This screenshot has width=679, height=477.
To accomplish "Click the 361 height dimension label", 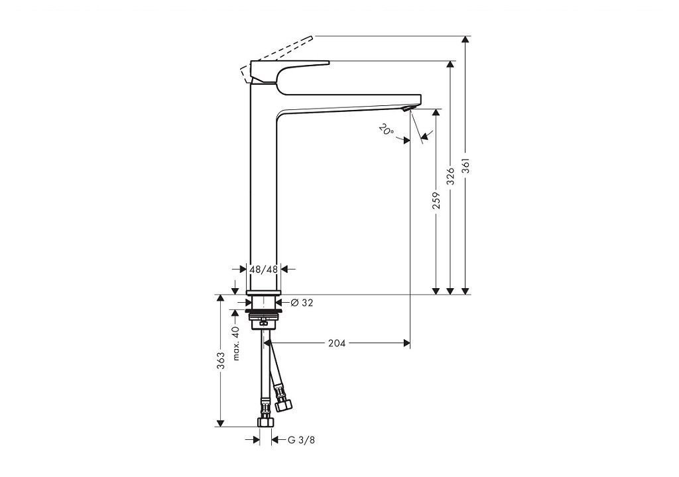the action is (x=465, y=165).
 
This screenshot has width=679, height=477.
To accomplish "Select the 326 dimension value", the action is (x=451, y=176).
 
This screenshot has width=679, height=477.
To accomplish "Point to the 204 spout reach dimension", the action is (x=337, y=343).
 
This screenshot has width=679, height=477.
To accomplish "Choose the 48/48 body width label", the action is (x=264, y=269).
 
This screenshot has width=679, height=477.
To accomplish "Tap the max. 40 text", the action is (x=235, y=343).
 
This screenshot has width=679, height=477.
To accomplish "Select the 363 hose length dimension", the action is (x=221, y=361).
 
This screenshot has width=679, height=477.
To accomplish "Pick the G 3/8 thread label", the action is (x=302, y=440).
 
